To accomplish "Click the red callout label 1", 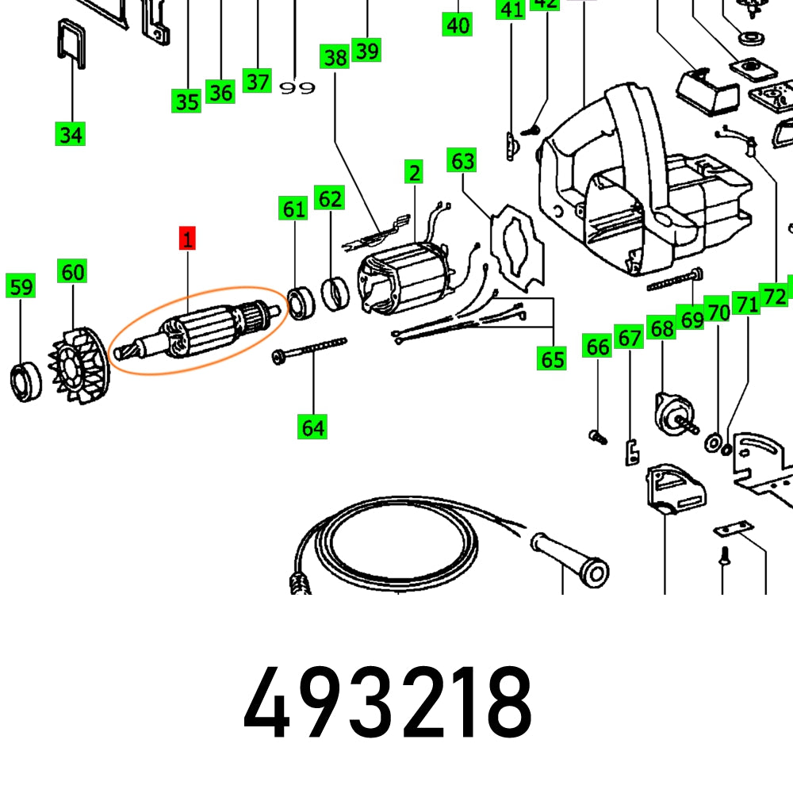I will (x=188, y=238).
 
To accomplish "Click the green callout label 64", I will (x=312, y=427).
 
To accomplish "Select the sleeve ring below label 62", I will (x=336, y=294).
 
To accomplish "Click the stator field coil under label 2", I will (x=404, y=274).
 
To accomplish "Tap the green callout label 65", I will (x=552, y=358).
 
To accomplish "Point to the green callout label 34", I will (x=71, y=134).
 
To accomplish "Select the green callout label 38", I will (x=335, y=57).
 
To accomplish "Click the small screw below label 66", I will (x=597, y=435).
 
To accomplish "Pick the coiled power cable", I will (x=389, y=547).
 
